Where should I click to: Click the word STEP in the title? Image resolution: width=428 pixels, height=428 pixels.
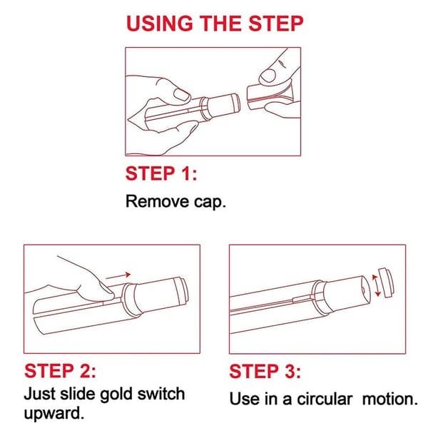276,24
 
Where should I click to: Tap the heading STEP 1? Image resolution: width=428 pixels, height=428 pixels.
161,173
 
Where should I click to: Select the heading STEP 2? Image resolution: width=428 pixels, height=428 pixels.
61,371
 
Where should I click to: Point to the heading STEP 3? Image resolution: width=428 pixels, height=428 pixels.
265,371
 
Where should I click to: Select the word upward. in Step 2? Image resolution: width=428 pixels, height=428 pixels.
53,414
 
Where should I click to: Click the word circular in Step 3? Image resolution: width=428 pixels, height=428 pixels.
325,399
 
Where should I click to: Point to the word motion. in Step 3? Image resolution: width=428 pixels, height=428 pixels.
390,399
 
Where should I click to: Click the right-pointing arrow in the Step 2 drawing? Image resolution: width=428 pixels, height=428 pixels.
118,275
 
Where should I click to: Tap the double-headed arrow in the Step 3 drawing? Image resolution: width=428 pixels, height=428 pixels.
377,285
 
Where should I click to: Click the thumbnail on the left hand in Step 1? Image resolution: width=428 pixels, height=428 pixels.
182,94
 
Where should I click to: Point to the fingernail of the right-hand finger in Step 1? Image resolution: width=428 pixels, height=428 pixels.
267,76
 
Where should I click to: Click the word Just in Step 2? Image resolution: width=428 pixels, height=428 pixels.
39,394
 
